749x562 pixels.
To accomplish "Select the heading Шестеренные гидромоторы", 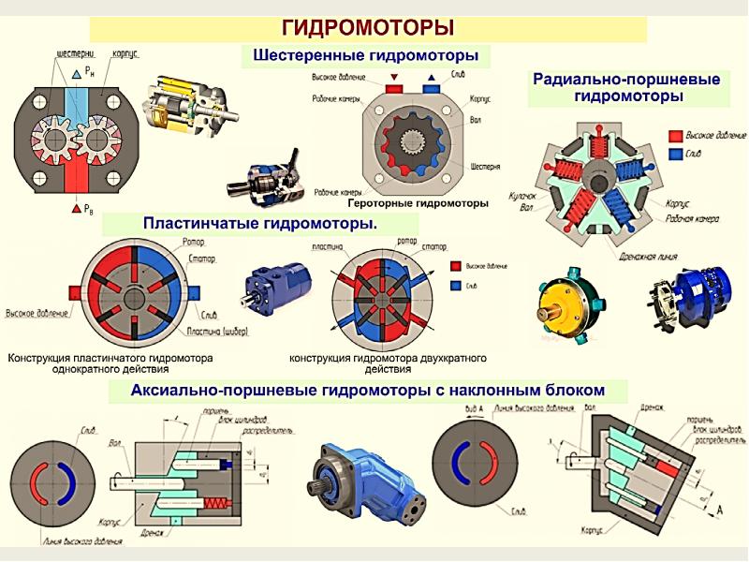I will coord(366,56).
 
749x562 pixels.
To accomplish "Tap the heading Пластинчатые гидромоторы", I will coord(259,223).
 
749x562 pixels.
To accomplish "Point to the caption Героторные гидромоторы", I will coord(418,202).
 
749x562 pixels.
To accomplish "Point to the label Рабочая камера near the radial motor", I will coord(692,217).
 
